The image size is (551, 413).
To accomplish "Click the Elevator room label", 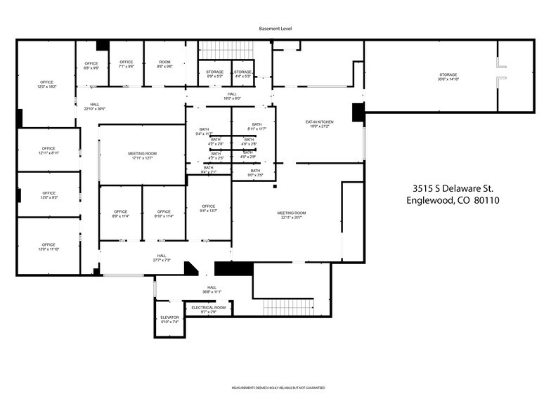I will pyautogui.click(x=169, y=320).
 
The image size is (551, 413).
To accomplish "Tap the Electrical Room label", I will pyautogui.click(x=209, y=309).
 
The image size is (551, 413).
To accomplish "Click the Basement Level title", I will pyautogui.click(x=275, y=29).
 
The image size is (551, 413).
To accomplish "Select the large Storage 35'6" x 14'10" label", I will pyautogui.click(x=448, y=77).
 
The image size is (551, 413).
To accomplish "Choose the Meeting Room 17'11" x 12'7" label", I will pyautogui.click(x=142, y=155).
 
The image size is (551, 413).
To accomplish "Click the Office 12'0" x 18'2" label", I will pyautogui.click(x=46, y=85).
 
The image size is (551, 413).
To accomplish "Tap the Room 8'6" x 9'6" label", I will pyautogui.click(x=164, y=65).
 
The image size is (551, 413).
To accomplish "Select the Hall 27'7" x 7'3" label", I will pyautogui.click(x=162, y=258).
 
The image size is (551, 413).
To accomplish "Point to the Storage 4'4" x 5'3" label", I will pyautogui.click(x=243, y=74).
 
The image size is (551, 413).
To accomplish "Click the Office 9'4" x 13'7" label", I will pyautogui.click(x=209, y=208).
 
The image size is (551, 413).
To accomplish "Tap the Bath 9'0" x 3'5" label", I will pyautogui.click(x=255, y=172).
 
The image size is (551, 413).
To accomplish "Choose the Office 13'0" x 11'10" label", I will pyautogui.click(x=48, y=247).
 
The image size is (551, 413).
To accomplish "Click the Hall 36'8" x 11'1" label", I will pyautogui.click(x=212, y=289).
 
